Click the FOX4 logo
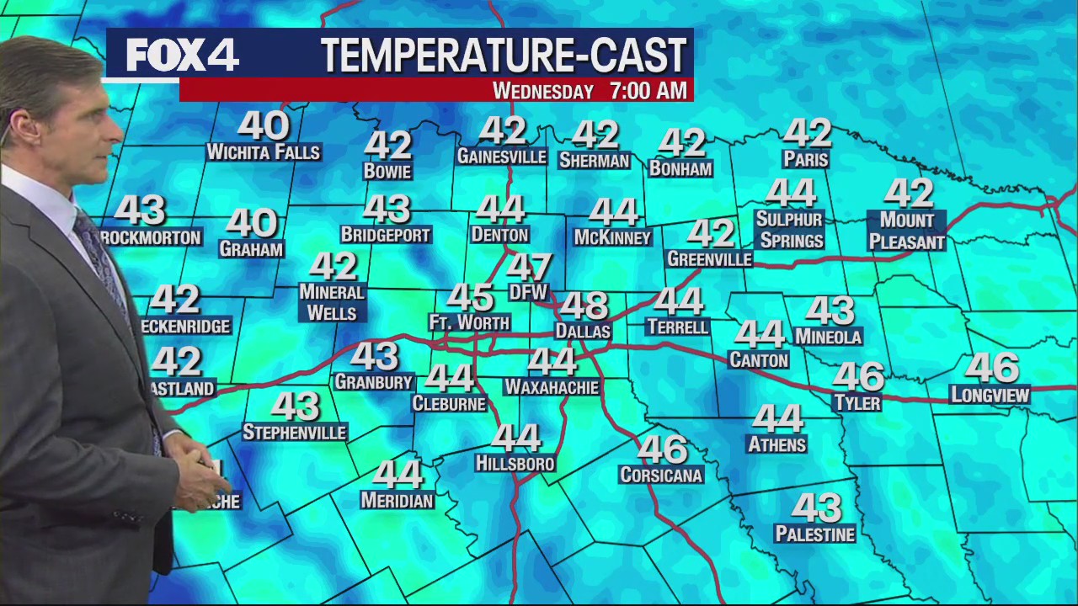[182, 56]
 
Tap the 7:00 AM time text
[648, 90]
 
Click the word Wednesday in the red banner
[543, 91]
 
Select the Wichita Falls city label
[264, 152]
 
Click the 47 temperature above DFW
[529, 268]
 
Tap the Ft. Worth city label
[469, 322]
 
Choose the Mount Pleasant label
[907, 231]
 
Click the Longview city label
[990, 395]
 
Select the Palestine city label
[814, 534]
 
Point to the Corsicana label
[661, 476]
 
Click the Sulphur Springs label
[789, 230]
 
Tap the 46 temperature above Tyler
[858, 376]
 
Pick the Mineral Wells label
[333, 302]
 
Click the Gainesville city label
[502, 157]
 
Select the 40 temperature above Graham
[251, 224]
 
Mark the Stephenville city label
[295, 433]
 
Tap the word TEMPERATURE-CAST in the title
[504, 56]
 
